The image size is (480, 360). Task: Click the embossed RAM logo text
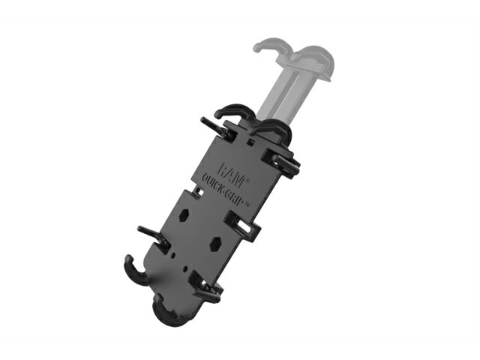(233, 174)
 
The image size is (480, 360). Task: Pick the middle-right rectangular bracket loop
(243, 225)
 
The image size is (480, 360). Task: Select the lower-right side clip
(205, 285)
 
